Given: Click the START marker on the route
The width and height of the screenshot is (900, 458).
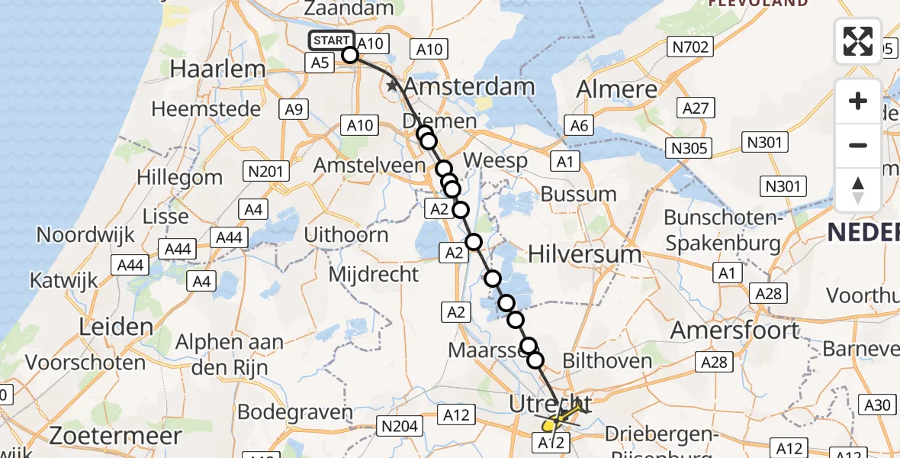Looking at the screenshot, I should (332, 41).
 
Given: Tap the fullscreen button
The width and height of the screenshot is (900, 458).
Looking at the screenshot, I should (858, 41).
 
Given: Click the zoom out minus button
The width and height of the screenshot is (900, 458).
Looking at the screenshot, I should (858, 145).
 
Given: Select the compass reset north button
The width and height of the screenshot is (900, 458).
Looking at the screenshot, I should (858, 189).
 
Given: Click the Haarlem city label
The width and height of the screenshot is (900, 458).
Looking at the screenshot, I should (217, 68).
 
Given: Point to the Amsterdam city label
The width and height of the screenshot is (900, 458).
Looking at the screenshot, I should (469, 86).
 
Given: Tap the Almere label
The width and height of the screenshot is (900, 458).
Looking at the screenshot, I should (616, 89).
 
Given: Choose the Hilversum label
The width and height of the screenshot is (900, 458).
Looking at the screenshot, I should (584, 253).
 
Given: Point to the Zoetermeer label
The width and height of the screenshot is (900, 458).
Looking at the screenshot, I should (115, 436).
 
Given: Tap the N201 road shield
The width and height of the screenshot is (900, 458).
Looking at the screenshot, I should (265, 171).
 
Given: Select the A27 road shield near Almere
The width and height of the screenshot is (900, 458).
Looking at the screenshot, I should (696, 109).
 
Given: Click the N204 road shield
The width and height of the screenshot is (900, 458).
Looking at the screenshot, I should (400, 427).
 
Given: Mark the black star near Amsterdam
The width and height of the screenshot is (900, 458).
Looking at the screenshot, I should (393, 86).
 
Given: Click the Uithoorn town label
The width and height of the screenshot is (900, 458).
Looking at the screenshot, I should (346, 234).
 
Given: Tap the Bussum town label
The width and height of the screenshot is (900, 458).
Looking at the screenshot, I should (577, 194).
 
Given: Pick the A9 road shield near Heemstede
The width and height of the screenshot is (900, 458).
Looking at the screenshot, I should (294, 110).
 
